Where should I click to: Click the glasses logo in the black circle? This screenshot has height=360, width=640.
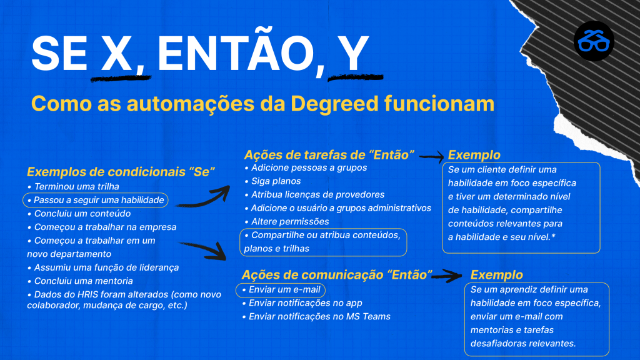coord(594,41)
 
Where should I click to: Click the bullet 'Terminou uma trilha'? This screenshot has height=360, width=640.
coord(73,186)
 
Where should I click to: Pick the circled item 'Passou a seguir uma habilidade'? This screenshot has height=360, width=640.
coord(96,200)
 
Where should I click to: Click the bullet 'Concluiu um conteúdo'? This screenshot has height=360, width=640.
coord(79,214)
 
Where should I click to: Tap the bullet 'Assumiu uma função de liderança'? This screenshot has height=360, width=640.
coord(103,267)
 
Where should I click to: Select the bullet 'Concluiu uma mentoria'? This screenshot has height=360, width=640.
coord(80,281)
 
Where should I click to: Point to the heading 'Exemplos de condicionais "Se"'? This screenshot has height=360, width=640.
coord(121,172)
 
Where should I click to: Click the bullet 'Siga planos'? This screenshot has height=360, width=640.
coord(272,181)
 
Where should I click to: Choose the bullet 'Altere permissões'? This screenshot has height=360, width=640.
coord(286,221)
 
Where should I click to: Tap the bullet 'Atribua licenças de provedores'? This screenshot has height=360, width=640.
coord(314,194)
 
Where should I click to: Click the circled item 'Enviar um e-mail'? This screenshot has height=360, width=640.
coord(281,290)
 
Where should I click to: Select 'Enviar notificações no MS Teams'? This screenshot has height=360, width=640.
coord(316,316)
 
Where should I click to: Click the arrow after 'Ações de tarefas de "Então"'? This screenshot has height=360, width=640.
coord(431,156)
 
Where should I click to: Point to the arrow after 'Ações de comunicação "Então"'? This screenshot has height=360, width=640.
coord(447,276)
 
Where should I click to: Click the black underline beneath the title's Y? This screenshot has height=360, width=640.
coord(356,77)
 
